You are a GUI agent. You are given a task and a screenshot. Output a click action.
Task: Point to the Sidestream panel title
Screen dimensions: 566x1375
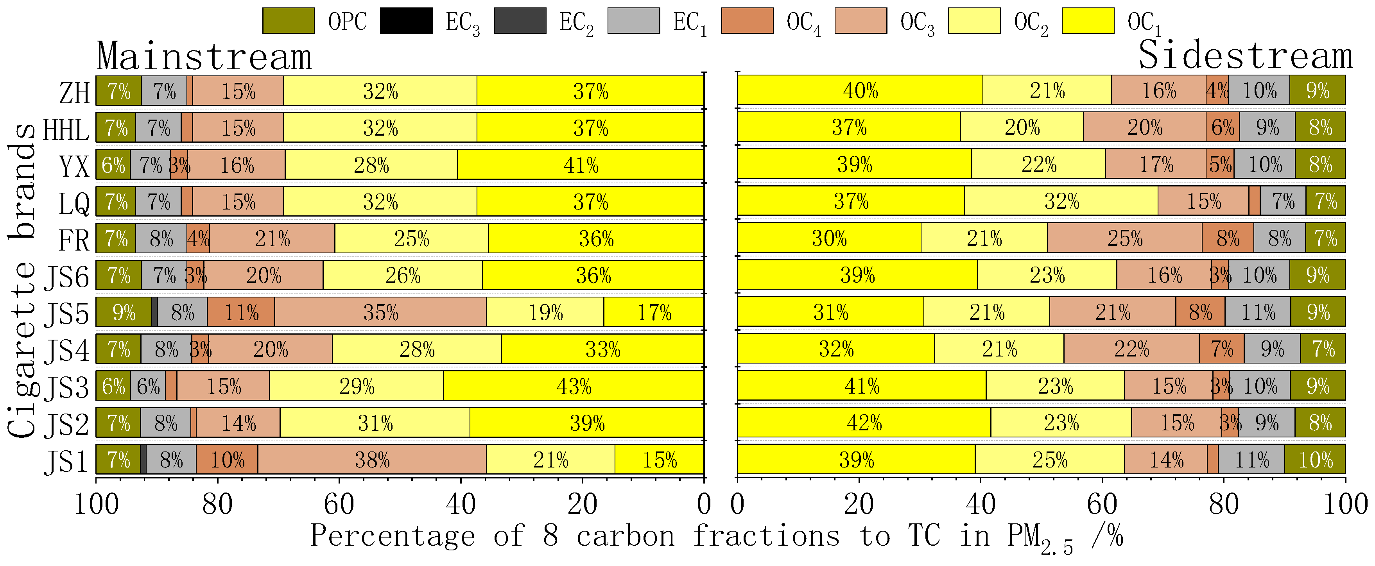[1245, 56]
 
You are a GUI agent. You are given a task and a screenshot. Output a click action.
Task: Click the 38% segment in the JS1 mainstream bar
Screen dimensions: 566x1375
[372, 459]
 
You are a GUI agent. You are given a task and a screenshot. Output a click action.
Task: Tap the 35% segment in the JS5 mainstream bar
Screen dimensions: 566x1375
[380, 312]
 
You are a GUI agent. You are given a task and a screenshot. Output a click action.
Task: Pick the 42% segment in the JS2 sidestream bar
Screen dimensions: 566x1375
[864, 423]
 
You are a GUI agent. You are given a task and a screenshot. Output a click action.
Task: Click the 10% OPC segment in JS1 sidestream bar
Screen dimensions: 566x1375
[1315, 459]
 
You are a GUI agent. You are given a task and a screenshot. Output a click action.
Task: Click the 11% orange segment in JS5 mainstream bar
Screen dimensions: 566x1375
[241, 312]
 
